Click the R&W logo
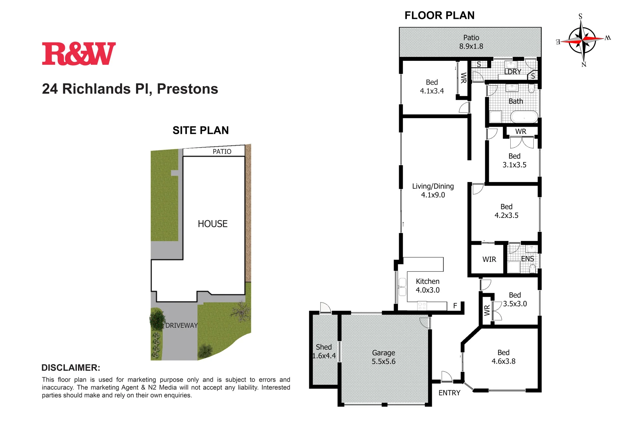(79, 54)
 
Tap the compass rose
(582, 40)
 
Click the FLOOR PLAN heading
(439, 16)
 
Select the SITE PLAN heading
(201, 130)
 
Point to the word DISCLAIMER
(71, 368)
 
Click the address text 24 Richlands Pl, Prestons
(130, 89)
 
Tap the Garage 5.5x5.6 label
(383, 357)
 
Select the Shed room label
(324, 347)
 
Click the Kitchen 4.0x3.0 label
(428, 286)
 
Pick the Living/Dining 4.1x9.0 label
(433, 191)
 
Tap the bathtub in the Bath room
(524, 116)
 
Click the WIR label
(489, 259)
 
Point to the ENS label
(527, 259)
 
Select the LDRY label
(513, 72)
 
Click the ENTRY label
(449, 393)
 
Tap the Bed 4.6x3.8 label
(503, 357)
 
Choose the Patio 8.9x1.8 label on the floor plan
(471, 42)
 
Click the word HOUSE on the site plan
(213, 224)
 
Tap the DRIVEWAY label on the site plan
(181, 325)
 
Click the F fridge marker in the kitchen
(455, 306)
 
